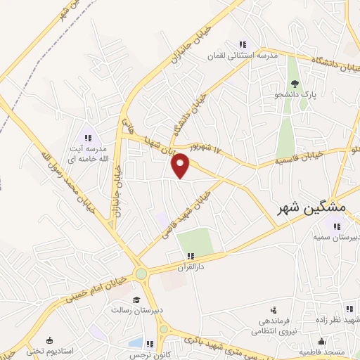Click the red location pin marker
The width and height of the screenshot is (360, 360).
181,165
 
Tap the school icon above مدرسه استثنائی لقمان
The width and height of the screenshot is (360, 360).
243,43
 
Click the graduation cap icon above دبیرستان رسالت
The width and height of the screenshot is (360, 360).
117,299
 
